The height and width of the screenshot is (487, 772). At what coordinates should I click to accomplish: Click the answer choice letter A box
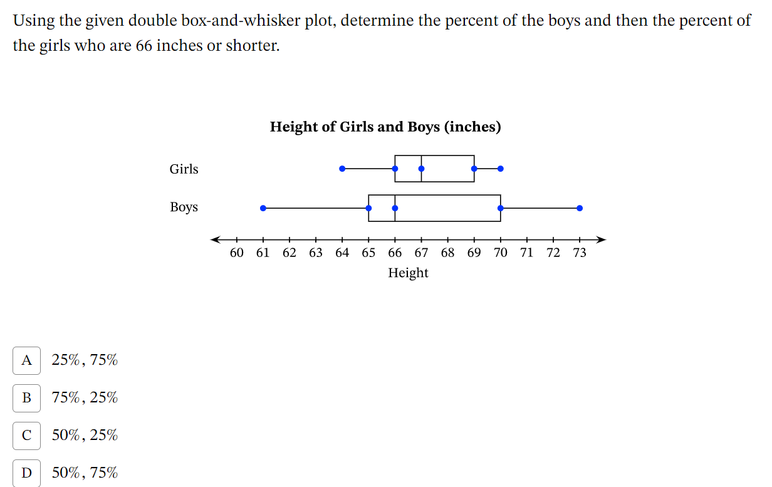[x=26, y=360]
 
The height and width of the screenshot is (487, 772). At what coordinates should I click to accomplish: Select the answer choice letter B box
[x=26, y=398]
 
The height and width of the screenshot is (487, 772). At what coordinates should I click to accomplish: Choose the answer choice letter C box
[x=26, y=436]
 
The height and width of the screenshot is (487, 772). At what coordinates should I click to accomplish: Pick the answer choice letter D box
[x=26, y=473]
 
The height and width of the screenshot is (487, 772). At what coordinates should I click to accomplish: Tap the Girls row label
[x=184, y=169]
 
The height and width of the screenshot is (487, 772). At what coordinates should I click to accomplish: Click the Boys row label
[x=184, y=207]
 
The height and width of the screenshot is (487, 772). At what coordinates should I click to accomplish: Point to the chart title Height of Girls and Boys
[x=385, y=127]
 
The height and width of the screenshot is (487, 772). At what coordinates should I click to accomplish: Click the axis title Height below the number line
[x=408, y=273]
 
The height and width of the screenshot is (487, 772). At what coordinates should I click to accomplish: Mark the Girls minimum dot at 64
[x=342, y=169]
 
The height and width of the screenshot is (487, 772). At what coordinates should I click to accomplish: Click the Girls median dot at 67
[x=421, y=169]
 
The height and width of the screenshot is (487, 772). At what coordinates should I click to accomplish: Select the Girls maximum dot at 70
[x=500, y=169]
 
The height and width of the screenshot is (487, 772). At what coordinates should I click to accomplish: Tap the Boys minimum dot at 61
[x=263, y=208]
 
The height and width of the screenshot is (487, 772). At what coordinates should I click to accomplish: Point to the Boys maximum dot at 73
[x=580, y=208]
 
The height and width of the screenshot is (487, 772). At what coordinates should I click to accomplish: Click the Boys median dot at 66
[x=395, y=208]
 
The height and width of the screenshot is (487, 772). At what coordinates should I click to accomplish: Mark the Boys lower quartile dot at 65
[x=368, y=208]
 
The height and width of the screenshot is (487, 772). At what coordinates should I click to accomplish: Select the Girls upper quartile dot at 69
[x=474, y=169]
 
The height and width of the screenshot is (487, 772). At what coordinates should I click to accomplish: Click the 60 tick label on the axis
[x=236, y=253]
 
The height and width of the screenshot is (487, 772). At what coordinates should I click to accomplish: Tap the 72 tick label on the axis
[x=553, y=253]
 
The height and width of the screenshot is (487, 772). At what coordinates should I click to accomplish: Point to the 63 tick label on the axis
[x=315, y=253]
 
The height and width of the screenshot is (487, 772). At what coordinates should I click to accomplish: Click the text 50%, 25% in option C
[x=85, y=436]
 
